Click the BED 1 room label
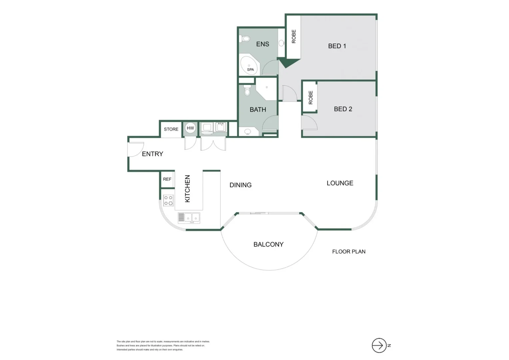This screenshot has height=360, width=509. click(337, 46)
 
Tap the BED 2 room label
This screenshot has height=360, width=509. click(343, 109)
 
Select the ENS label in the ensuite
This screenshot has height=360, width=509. click(262, 44)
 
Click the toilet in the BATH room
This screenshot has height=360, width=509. click(247, 90)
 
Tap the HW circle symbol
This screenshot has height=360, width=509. click(190, 128)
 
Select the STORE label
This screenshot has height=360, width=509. click(171, 129)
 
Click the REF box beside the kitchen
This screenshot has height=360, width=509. click(167, 179)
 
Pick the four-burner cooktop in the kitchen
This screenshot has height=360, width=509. click(168, 200)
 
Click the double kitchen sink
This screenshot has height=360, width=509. click(189, 218)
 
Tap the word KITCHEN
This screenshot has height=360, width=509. click(188, 189)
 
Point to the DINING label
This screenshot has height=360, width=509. click(241, 185)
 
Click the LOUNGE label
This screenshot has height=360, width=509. click(340, 183)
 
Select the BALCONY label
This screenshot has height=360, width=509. click(268, 244)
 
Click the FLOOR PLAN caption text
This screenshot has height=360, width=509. click(348, 252)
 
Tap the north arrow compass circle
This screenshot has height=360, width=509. click(379, 345)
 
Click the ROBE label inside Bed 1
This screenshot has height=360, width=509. click(293, 36)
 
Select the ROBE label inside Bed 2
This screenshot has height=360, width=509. click(310, 97)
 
